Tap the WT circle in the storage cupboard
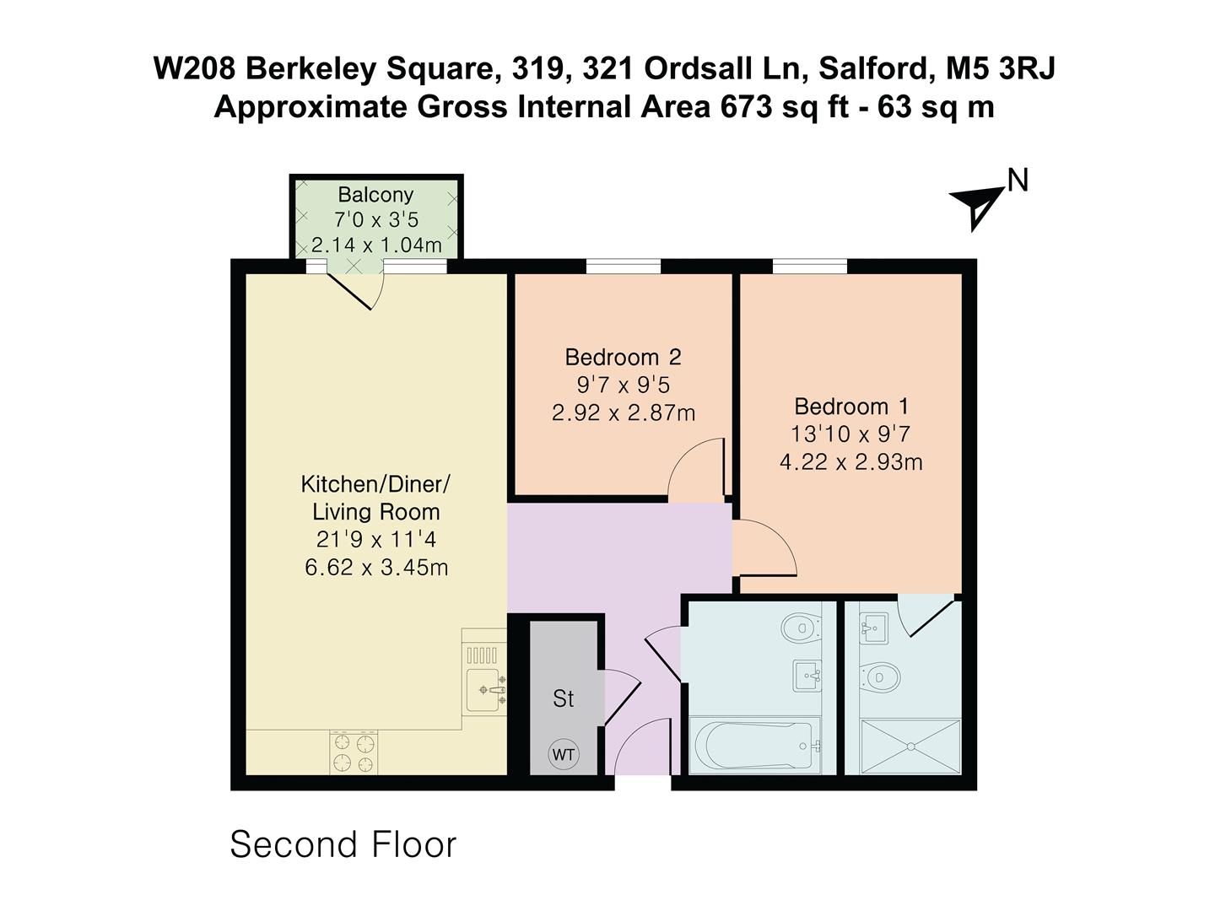pyautogui.click(x=564, y=754)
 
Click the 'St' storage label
pyautogui.click(x=564, y=698)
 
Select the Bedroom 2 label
pyautogui.click(x=623, y=357)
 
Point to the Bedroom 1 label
pyautogui.click(x=851, y=407)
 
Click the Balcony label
pyautogui.click(x=375, y=194)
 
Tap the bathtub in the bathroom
pyautogui.click(x=754, y=746)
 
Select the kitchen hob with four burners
pyautogui.click(x=354, y=752)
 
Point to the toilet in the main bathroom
pyautogui.click(x=801, y=627)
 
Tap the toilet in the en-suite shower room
pyautogui.click(x=879, y=676)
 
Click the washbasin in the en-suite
pyautogui.click(x=874, y=627)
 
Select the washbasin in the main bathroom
pyautogui.click(x=807, y=675)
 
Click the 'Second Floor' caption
pyautogui.click(x=343, y=844)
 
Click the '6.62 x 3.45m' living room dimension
pyautogui.click(x=376, y=567)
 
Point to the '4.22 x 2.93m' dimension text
pyautogui.click(x=851, y=462)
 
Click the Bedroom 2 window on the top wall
pyautogui.click(x=624, y=267)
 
